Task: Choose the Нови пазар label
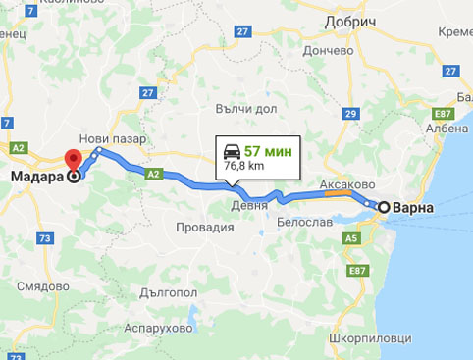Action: click(115, 139)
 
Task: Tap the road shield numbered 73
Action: click(45, 238)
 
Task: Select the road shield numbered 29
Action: click(349, 115)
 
